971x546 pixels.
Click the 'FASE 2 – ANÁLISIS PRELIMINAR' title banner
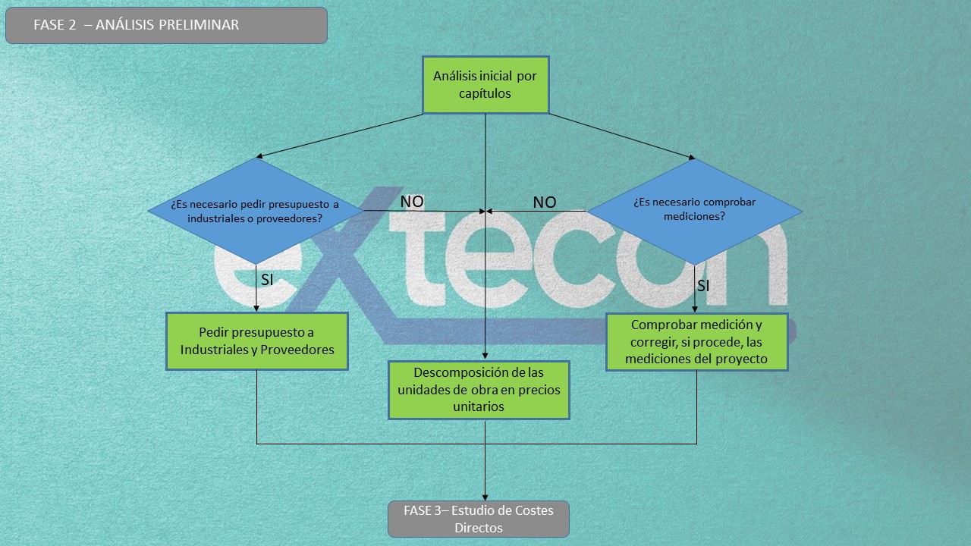(x=166, y=25)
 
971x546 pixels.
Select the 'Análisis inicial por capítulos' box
(x=485, y=85)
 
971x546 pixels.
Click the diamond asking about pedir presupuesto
(x=256, y=211)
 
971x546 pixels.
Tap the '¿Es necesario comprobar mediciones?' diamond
(x=694, y=212)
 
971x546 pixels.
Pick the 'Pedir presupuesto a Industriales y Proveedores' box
(x=257, y=341)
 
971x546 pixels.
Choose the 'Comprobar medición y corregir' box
(x=696, y=342)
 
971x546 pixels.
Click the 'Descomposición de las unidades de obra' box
(x=479, y=390)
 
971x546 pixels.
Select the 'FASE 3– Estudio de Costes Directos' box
(x=479, y=519)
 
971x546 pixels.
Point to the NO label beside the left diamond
(x=412, y=202)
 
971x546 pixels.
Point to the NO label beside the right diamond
(x=545, y=202)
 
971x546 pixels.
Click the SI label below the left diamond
(x=267, y=280)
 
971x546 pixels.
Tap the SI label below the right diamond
(x=703, y=286)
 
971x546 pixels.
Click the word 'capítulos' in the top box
(x=485, y=93)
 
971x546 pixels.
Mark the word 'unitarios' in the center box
(x=479, y=407)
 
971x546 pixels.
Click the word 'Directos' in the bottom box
(x=479, y=529)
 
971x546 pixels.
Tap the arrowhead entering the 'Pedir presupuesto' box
(x=256, y=309)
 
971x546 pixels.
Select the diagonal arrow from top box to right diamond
(x=622, y=136)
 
